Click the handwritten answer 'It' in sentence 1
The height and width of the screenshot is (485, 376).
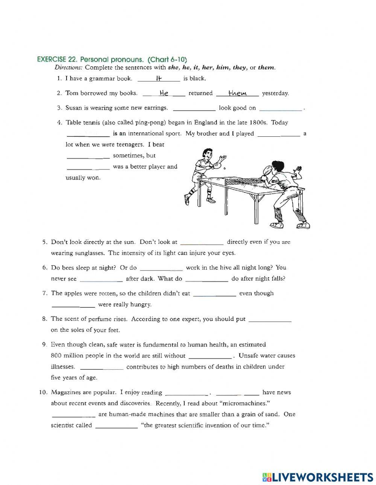coord(158,79)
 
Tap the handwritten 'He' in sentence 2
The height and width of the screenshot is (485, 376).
coord(164,93)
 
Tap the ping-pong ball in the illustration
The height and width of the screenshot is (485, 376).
coord(224,169)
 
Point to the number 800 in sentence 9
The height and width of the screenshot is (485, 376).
coord(56,356)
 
